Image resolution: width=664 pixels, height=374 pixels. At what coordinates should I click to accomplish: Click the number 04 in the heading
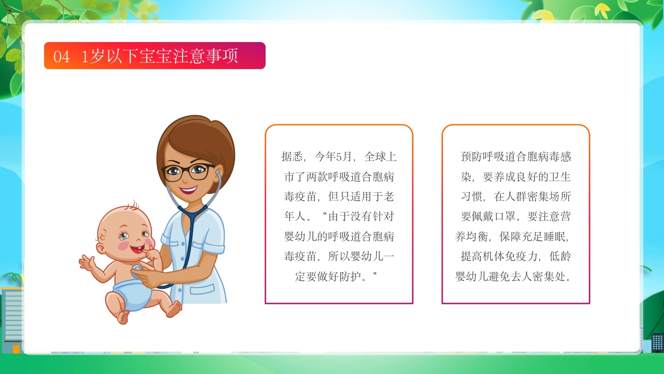tap(61, 56)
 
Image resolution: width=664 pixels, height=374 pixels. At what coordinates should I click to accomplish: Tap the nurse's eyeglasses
tap(187, 171)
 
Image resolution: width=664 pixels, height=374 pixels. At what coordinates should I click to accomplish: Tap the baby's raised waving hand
tap(87, 263)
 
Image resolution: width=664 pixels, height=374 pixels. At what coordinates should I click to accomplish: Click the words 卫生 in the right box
tap(560, 177)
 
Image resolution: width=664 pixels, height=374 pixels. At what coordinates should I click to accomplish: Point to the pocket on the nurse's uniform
tap(202, 289)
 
